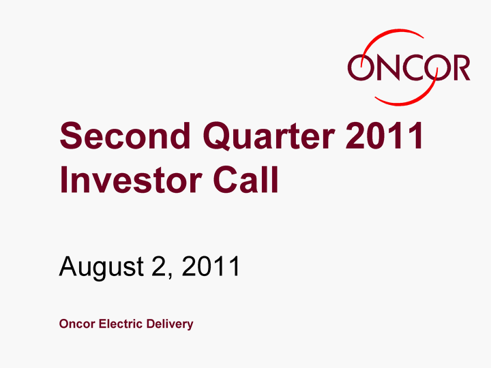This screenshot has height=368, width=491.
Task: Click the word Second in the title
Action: (125, 136)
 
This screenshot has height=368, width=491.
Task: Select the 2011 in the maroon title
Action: (384, 136)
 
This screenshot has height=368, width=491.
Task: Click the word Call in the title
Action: (245, 179)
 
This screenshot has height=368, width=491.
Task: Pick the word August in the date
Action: (102, 267)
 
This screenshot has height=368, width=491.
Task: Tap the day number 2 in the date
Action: (158, 266)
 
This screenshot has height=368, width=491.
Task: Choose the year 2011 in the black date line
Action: (211, 266)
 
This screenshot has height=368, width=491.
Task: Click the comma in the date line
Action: (170, 275)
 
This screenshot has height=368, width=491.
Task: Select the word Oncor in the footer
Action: (77, 324)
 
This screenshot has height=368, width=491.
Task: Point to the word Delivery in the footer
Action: (170, 324)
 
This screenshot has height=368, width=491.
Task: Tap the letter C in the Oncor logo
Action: (413, 67)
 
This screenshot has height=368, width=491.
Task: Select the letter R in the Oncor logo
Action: (460, 67)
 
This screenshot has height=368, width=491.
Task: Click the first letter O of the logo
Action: (361, 67)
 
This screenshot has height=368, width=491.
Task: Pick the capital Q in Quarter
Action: (218, 137)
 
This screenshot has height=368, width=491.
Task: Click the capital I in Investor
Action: (63, 180)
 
